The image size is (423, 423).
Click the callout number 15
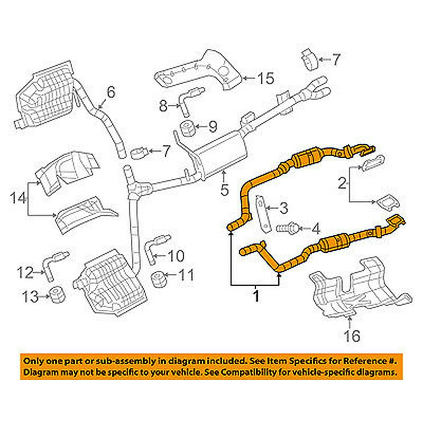265,78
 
